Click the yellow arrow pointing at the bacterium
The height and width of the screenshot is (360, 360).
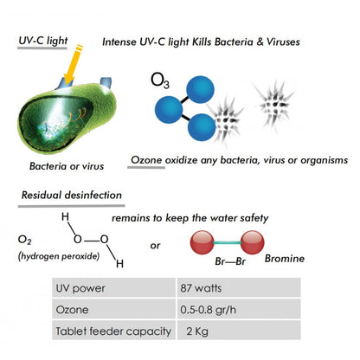[x=73, y=64]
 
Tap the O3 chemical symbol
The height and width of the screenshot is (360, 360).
[x=160, y=80]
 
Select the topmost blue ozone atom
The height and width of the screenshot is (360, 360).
[x=200, y=89]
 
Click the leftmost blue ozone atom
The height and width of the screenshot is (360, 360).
[x=169, y=110]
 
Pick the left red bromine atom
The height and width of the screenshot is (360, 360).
[x=202, y=242]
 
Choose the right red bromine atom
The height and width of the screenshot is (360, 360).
[x=252, y=242]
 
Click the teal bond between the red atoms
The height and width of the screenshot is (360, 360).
[x=228, y=243]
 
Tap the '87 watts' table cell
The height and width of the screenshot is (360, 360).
[x=239, y=287]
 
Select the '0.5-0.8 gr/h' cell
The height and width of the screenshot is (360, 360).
[x=239, y=309]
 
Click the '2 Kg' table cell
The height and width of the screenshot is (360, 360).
[x=239, y=331]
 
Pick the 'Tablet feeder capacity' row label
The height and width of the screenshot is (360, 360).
[x=113, y=331]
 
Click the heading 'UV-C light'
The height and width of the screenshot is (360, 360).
[x=43, y=41]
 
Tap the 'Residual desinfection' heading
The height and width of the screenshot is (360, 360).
[x=72, y=195]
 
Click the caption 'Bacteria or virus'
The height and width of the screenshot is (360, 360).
[x=67, y=166]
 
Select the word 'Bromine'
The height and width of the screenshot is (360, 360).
[x=285, y=259]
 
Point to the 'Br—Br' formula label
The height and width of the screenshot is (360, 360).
[x=230, y=261]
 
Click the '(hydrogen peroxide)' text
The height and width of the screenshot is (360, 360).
[x=59, y=256]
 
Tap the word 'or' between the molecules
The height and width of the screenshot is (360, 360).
[x=155, y=246]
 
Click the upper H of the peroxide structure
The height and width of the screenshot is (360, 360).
[x=65, y=216]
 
